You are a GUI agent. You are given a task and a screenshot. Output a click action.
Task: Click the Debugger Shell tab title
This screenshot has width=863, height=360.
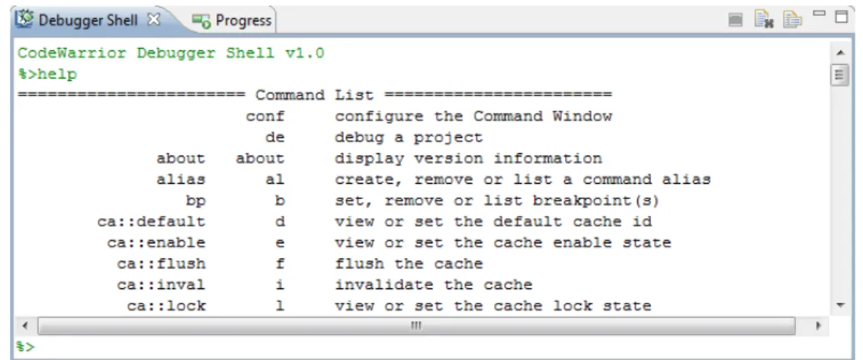(88, 21)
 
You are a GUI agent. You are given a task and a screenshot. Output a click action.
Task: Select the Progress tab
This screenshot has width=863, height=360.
(243, 21)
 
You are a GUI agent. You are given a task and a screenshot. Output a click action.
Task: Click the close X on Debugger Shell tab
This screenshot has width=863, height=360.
(154, 20)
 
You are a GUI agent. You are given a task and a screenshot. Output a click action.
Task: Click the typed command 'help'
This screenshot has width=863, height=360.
(57, 74)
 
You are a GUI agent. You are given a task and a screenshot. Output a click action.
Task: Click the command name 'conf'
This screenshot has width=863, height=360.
(265, 117)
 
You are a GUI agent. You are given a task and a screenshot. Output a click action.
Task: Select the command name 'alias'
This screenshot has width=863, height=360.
(181, 179)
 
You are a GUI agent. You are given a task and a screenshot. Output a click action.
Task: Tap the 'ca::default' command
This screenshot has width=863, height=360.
(152, 222)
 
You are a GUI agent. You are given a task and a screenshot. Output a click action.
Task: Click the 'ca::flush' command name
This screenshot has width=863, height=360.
(162, 264)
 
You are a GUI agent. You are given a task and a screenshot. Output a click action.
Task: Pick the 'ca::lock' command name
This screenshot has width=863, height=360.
(166, 306)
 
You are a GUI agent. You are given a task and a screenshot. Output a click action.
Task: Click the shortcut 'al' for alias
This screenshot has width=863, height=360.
(275, 179)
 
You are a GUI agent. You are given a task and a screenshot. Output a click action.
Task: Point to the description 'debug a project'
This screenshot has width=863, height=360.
(409, 137)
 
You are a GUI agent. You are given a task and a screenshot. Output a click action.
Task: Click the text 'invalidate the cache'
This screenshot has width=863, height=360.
(434, 284)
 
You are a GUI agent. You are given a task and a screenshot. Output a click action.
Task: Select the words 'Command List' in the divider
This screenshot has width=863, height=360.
(314, 95)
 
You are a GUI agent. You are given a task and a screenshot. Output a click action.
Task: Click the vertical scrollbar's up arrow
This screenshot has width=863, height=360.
(840, 53)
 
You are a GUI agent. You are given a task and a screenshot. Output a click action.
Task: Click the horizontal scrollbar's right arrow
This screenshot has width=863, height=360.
(819, 326)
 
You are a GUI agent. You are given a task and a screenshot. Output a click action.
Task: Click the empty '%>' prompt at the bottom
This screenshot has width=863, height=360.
(26, 346)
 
